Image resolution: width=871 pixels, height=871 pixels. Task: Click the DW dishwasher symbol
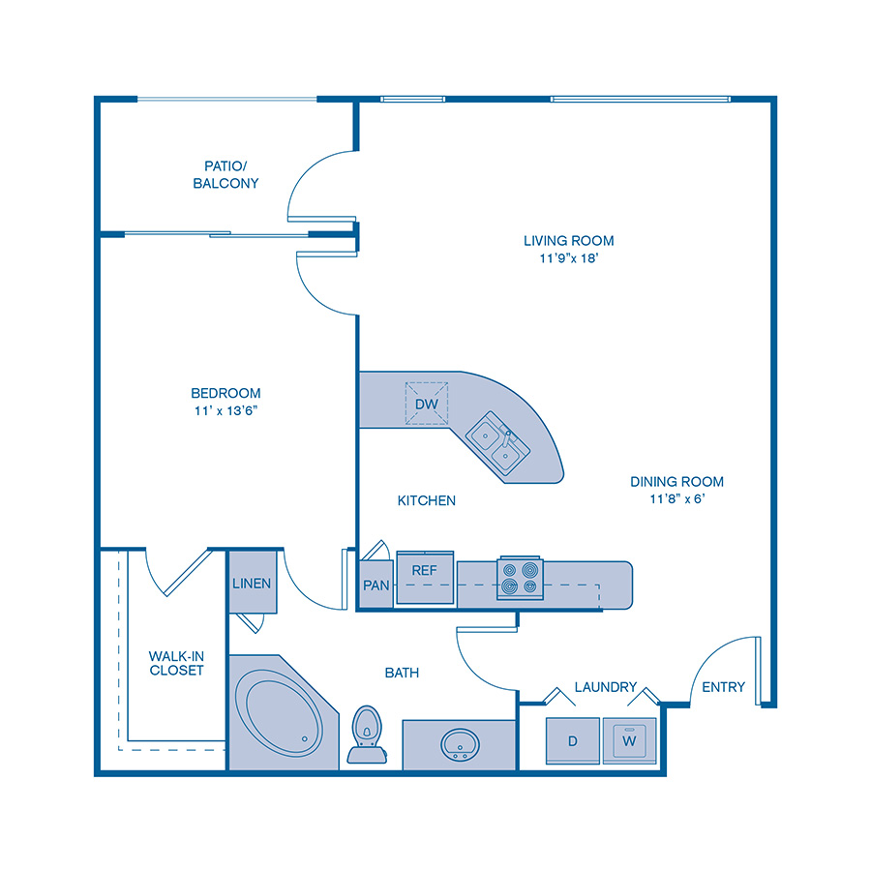click(427, 403)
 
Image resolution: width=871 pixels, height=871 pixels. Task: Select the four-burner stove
click(520, 578)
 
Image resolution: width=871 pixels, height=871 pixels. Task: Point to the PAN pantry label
click(375, 586)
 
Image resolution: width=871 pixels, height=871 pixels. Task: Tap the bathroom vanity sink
click(459, 745)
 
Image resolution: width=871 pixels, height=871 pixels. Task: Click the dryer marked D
click(573, 741)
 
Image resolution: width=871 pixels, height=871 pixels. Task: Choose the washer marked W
click(629, 741)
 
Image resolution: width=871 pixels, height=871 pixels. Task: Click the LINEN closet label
click(252, 584)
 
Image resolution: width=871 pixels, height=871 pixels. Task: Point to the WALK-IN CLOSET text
click(176, 663)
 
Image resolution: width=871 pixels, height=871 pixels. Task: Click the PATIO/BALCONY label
click(225, 174)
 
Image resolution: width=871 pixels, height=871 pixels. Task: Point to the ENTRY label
click(723, 687)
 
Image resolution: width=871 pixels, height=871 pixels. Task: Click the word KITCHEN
click(426, 500)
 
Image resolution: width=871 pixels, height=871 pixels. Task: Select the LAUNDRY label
click(605, 687)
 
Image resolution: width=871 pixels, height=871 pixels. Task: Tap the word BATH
click(402, 672)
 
